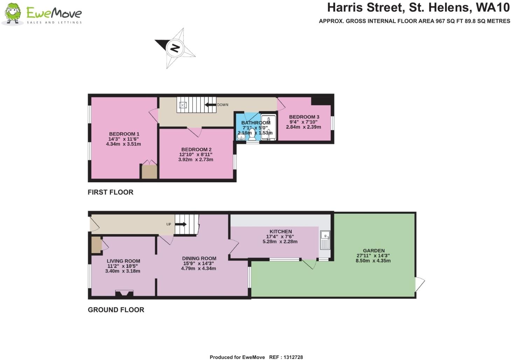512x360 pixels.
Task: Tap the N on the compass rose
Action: click(x=175, y=48)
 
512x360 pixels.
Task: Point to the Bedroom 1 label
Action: click(x=124, y=134)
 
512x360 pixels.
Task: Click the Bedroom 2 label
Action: click(x=196, y=150)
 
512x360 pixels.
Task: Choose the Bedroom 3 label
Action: click(x=304, y=117)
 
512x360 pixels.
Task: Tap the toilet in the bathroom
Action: click(x=252, y=135)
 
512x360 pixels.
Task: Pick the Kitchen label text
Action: click(x=281, y=231)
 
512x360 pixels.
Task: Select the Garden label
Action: click(x=374, y=251)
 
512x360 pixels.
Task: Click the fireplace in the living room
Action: click(x=124, y=294)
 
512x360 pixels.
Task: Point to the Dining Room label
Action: click(x=199, y=258)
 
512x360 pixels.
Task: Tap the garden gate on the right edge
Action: click(x=419, y=284)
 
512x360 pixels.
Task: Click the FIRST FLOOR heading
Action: click(x=110, y=192)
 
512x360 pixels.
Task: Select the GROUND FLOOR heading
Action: click(x=116, y=310)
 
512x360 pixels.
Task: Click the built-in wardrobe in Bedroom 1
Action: click(x=150, y=171)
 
